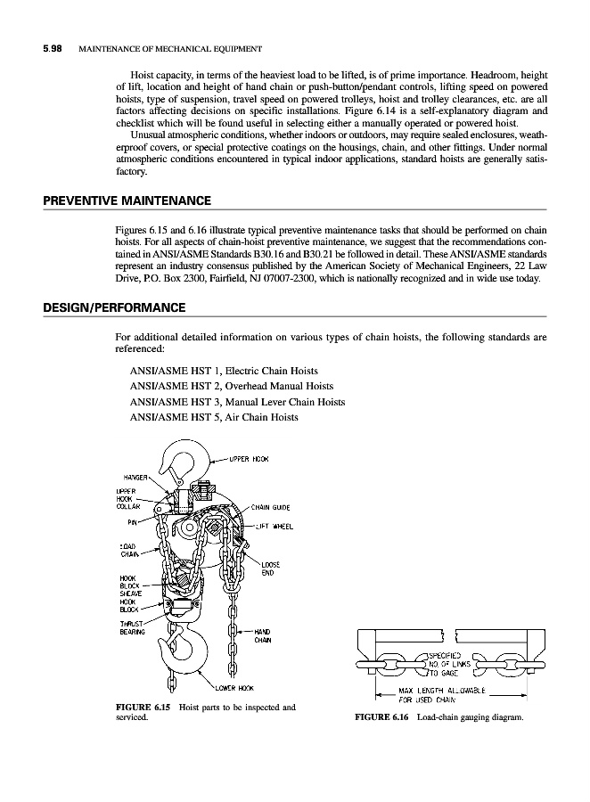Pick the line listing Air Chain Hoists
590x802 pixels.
[x=214, y=416]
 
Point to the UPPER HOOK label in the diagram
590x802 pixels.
[x=250, y=460]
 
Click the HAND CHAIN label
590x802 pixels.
[x=264, y=635]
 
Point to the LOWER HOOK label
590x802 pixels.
[x=235, y=688]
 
